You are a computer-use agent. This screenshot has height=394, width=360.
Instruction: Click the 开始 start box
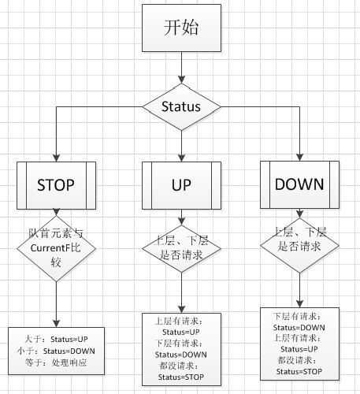(x=181, y=28)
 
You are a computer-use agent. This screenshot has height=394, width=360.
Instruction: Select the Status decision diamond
(x=181, y=107)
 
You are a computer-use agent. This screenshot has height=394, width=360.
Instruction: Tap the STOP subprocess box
(x=56, y=185)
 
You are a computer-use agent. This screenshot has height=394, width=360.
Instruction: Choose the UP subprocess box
(x=181, y=185)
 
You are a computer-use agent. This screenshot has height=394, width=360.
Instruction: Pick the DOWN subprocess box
(x=299, y=184)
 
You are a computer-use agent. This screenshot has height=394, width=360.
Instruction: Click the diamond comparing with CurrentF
(x=56, y=248)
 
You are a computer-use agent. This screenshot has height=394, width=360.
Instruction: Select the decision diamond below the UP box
(x=181, y=248)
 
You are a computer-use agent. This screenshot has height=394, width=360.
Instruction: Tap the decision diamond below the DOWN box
(x=299, y=246)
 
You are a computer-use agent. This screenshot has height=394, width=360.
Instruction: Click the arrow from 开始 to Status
(x=181, y=68)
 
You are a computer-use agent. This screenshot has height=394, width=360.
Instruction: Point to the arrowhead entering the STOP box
(x=56, y=158)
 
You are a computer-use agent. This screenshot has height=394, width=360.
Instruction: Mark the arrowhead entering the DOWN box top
(x=299, y=158)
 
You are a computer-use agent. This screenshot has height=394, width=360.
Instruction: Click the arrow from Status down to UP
(x=181, y=146)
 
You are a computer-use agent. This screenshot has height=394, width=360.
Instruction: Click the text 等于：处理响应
(x=56, y=362)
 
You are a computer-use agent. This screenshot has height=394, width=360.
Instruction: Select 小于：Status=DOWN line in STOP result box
(x=56, y=351)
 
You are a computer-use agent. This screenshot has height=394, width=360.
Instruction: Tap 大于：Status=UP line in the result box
(x=56, y=339)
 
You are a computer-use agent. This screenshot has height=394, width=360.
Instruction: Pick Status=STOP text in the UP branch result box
(x=181, y=377)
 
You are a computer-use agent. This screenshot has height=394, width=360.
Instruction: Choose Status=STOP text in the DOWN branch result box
(x=299, y=372)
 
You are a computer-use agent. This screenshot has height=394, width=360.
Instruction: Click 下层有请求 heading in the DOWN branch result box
(x=297, y=316)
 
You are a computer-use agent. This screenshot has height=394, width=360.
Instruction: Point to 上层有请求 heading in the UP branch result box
(x=179, y=321)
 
